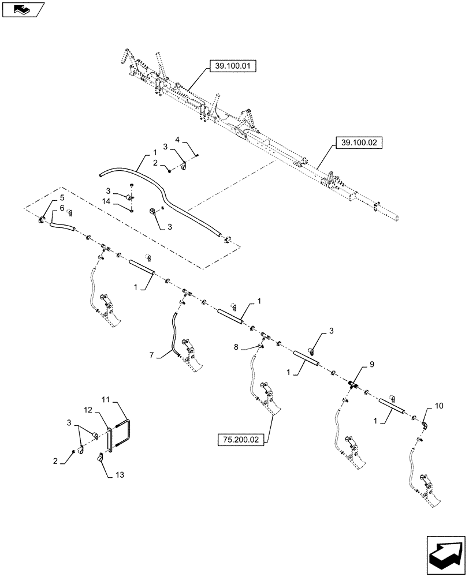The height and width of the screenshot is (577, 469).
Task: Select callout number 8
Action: [x=236, y=347]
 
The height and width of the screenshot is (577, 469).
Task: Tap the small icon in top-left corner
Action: [x=23, y=9]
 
